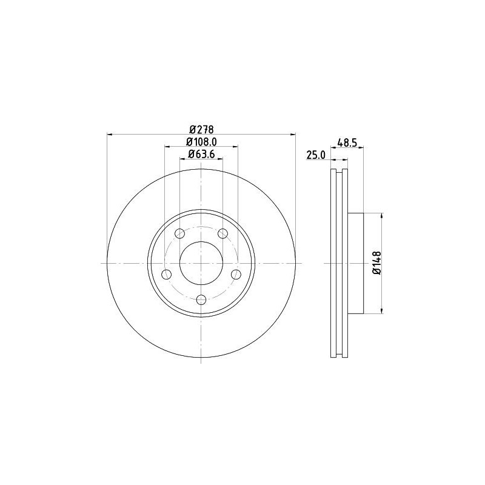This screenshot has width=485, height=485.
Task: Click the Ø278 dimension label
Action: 201,129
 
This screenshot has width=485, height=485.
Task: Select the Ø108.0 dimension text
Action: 201,141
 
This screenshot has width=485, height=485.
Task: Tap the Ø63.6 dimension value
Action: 201,154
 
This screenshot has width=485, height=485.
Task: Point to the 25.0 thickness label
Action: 316,155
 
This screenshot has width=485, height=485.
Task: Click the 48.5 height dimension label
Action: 346,143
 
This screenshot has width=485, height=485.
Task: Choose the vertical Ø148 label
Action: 376,264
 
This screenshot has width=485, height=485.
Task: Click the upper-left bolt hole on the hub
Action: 179,234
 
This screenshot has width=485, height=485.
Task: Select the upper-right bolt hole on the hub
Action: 222,234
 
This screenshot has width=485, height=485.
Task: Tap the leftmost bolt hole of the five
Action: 166,275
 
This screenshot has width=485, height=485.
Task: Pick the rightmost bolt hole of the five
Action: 236,275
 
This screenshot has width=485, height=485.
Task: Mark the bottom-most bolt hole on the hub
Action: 201,299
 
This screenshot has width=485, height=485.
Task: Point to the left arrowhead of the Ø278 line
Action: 109,135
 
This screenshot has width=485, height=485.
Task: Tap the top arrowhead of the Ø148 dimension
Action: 381,216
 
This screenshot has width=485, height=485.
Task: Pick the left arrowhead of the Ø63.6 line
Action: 182,159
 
